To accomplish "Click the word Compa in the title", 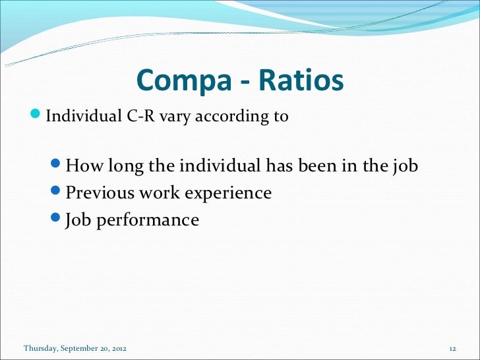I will pyautogui.click(x=177, y=81).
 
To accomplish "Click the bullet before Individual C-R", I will pyautogui.click(x=37, y=117).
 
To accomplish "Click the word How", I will pyautogui.click(x=84, y=166).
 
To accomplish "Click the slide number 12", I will pyautogui.click(x=452, y=348).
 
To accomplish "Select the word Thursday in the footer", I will pyautogui.click(x=40, y=348).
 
